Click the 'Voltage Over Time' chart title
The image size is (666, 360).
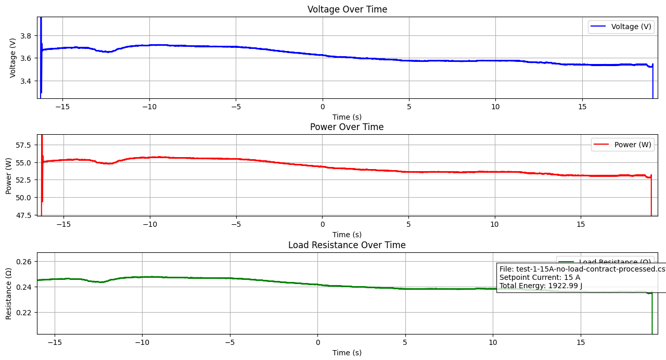pyautogui.click(x=347, y=9)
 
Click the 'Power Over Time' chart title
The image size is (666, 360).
pyautogui.click(x=347, y=127)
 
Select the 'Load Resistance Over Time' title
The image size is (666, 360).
pyautogui.click(x=347, y=245)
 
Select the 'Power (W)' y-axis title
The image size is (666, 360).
pyautogui.click(x=9, y=175)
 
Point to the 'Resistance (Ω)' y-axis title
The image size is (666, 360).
pyautogui.click(x=9, y=293)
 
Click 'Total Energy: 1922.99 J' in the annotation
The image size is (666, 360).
pyautogui.click(x=541, y=286)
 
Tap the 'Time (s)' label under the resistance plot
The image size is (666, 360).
pyautogui.click(x=347, y=353)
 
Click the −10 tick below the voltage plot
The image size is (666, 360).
pyautogui.click(x=149, y=107)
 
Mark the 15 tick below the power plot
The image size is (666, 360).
pyautogui.click(x=581, y=224)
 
